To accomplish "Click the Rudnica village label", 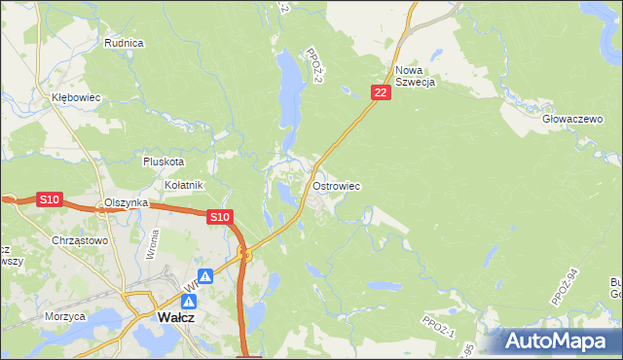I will tap(124, 43).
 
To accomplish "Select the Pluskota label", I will tap(163, 162).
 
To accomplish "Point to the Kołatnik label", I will tap(183, 184).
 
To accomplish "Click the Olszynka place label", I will tap(126, 202).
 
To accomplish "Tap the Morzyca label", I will tap(65, 316).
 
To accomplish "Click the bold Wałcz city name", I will tap(177, 317).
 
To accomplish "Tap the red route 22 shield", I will tap(381, 92).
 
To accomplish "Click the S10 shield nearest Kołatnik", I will tap(219, 217).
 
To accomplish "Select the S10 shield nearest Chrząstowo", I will tap(50, 199).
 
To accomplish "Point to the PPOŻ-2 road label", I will tap(313, 64).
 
